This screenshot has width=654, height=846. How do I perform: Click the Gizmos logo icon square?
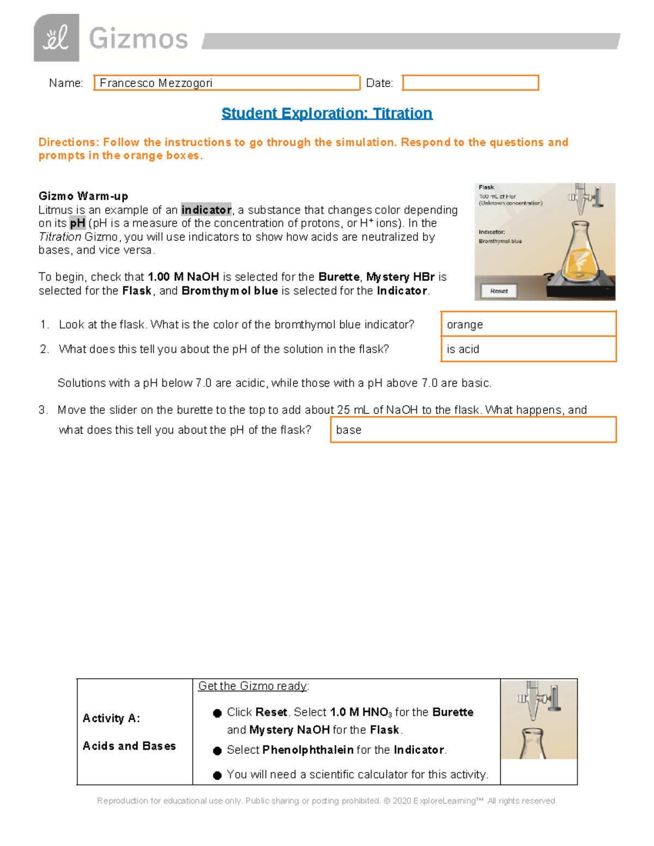click(x=56, y=38)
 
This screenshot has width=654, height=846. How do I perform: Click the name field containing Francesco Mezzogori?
click(x=227, y=83)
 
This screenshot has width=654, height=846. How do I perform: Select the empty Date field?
click(x=470, y=83)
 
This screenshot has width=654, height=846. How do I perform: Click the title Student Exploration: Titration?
click(x=326, y=113)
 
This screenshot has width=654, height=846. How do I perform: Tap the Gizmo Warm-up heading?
click(x=83, y=196)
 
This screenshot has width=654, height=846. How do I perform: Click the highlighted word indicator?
click(x=206, y=210)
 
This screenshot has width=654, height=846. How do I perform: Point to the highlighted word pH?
click(x=77, y=223)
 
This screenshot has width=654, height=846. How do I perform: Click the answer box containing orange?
click(x=528, y=325)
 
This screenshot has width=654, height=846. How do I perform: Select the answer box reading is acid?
click(x=528, y=349)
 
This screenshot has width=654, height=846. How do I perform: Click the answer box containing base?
click(x=473, y=430)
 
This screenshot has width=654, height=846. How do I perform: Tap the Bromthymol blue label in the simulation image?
click(x=500, y=241)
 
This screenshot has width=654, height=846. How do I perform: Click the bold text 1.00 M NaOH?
click(x=183, y=277)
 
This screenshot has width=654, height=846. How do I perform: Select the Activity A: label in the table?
click(x=111, y=719)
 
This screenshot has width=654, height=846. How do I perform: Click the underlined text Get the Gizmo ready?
click(x=253, y=686)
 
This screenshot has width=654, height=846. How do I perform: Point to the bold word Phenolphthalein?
click(x=308, y=750)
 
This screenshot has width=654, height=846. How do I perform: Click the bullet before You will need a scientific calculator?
click(x=217, y=775)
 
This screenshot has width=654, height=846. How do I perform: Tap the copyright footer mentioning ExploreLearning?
click(x=326, y=801)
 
